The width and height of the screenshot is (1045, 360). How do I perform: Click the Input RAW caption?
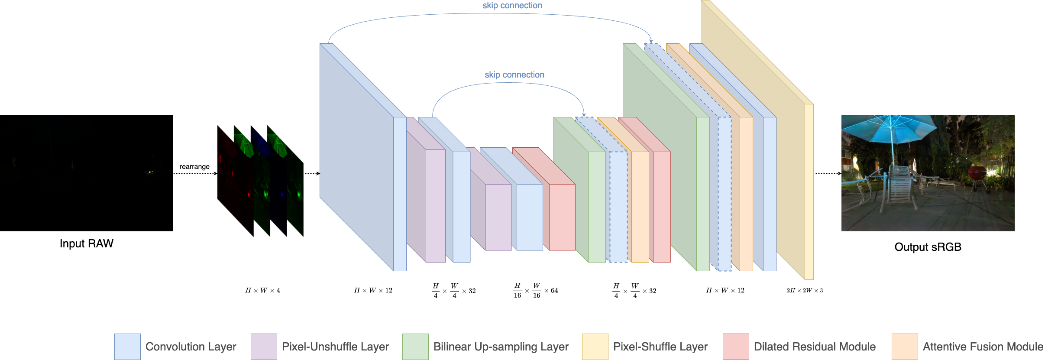(87, 243)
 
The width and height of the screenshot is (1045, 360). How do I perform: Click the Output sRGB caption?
(928, 247)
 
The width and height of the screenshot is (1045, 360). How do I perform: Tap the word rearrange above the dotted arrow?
(194, 167)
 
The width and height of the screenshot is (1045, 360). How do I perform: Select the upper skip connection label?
(512, 6)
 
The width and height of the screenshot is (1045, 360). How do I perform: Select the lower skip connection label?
(514, 75)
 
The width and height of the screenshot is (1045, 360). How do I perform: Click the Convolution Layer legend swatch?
(127, 347)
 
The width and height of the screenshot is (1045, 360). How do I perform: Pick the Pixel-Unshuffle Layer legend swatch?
(264, 347)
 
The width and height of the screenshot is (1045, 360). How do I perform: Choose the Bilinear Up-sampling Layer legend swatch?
(415, 347)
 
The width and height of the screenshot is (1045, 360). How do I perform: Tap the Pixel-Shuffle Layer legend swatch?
(595, 347)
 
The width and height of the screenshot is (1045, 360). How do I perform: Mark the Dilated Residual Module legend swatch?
(736, 347)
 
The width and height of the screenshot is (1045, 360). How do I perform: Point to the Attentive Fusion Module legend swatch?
(905, 347)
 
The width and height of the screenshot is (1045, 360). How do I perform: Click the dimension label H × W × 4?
(262, 290)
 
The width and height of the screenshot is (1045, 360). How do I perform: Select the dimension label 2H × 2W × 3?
(805, 290)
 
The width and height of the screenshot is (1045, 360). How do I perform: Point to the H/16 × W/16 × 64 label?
(536, 291)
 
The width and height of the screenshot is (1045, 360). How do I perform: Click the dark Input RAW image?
(87, 173)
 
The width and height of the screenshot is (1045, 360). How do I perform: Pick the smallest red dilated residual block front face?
(562, 217)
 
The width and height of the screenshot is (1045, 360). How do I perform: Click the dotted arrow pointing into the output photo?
(828, 173)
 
